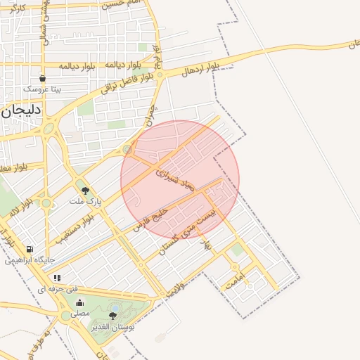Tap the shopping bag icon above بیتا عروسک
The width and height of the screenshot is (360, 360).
42,79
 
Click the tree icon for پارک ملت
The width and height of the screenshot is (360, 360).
86,190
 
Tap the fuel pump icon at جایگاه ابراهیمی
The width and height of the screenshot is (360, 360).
29,249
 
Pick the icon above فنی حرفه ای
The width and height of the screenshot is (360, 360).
57,278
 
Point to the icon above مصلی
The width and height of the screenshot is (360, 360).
79,303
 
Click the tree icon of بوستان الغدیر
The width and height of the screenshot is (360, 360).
112,316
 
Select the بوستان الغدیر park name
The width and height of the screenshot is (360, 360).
112,326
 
